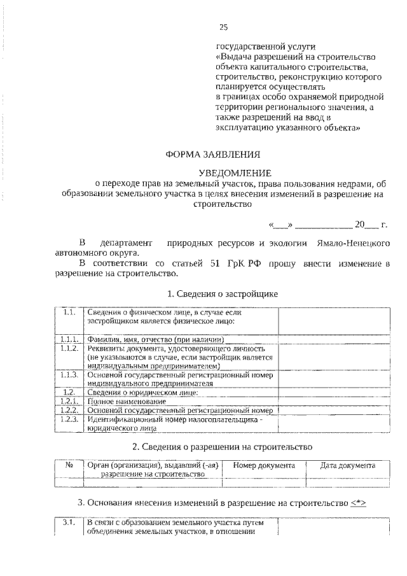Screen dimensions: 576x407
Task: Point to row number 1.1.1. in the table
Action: [70, 339]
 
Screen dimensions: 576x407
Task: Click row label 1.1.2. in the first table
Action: [70, 349]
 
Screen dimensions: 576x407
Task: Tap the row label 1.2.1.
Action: [70, 402]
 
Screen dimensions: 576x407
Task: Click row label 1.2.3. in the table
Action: [70, 419]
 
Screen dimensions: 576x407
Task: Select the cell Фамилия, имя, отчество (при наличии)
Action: [161, 339]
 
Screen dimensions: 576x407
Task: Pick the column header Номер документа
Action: [264, 466]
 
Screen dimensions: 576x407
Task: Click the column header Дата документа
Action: [347, 466]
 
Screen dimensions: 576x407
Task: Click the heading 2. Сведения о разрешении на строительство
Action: [222, 447]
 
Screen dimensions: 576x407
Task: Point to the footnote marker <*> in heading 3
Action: [358, 502]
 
